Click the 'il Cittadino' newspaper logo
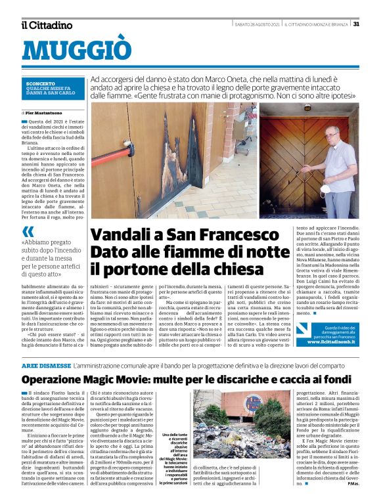point(47,25)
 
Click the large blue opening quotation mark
point(28,231)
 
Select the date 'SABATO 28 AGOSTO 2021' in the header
point(258,24)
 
